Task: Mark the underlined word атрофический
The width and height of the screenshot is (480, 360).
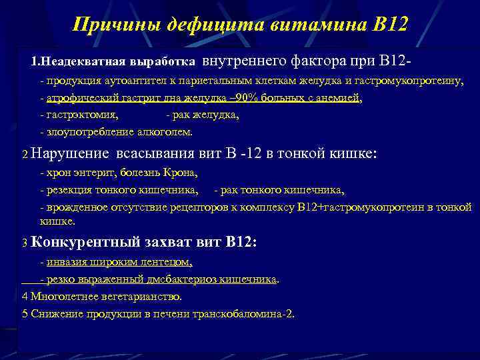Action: click(81, 98)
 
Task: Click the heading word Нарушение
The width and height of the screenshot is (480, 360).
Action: click(69, 154)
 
